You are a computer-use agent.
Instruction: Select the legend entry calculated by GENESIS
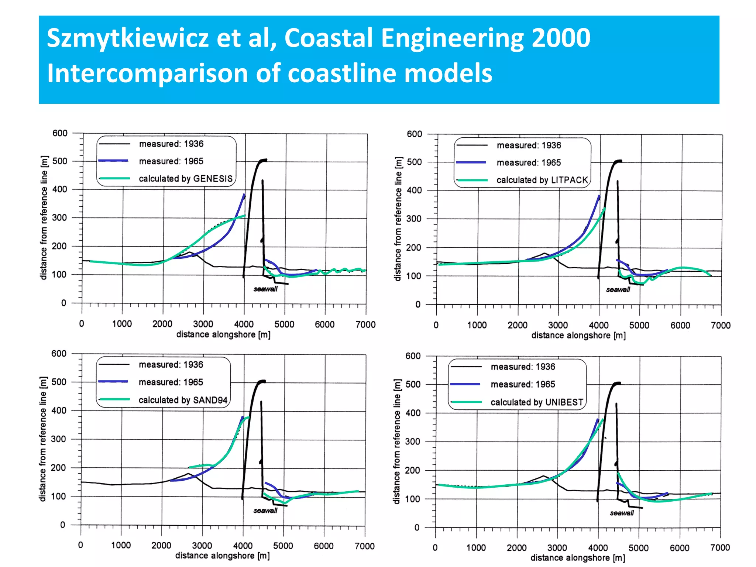(185, 179)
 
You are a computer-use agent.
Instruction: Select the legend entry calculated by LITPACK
(542, 180)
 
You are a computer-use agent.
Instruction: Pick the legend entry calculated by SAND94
(183, 400)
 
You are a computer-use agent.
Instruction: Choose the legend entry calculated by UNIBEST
(537, 402)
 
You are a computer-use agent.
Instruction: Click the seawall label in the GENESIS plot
(265, 289)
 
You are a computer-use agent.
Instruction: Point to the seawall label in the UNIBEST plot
(622, 513)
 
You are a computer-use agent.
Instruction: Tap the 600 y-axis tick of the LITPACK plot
(414, 134)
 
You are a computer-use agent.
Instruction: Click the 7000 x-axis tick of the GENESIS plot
(365, 324)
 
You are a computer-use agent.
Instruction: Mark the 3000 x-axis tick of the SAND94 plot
(202, 546)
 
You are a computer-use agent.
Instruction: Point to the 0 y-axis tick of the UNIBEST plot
(417, 528)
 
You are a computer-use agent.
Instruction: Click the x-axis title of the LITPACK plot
(578, 336)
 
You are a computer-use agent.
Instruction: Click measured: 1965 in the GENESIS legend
(171, 161)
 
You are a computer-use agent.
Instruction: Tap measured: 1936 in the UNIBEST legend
(523, 367)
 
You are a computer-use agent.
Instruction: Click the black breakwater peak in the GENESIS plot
(263, 161)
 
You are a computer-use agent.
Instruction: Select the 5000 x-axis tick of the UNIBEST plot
(638, 548)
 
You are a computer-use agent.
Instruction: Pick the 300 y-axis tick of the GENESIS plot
(59, 218)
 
